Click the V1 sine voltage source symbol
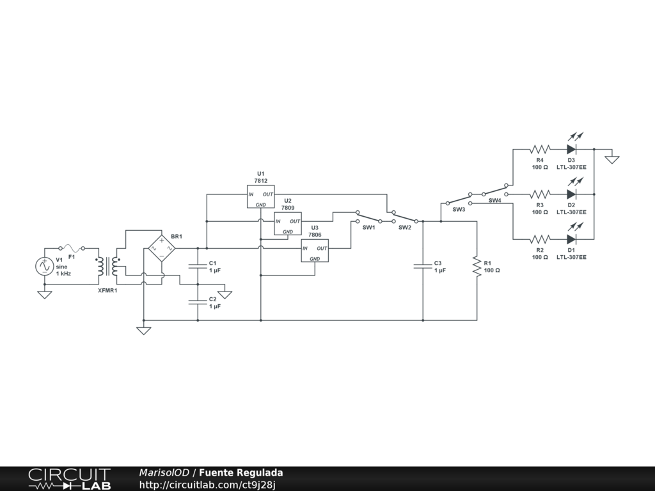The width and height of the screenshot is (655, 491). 45,267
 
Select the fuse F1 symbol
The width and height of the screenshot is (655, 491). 72,248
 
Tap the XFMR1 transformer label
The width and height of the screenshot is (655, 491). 107,291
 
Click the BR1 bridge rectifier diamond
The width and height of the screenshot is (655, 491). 162,249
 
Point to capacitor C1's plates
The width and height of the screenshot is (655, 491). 198,266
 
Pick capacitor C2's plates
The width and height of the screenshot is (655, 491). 198,302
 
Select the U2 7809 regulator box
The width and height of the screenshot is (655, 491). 288,223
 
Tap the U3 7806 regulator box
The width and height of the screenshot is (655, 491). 315,251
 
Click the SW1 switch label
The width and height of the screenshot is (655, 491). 369,228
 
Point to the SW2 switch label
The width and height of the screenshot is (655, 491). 405,228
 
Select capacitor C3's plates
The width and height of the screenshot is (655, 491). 423,266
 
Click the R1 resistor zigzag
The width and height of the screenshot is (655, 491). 477,267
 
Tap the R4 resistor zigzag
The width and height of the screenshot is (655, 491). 540,149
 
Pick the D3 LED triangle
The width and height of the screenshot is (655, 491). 572,149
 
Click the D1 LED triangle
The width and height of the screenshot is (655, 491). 572,239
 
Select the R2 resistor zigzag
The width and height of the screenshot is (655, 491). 540,239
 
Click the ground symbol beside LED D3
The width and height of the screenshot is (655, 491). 612,159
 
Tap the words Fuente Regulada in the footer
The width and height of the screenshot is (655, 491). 241,472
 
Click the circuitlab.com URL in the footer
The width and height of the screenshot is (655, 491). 207,485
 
